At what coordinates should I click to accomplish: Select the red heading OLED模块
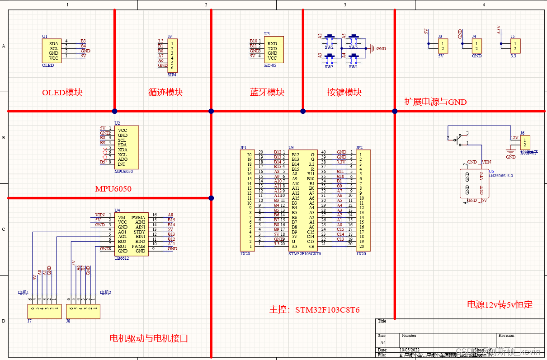[x=62, y=93]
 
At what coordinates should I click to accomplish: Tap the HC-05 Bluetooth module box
[x=273, y=50]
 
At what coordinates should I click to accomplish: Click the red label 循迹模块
[x=166, y=93]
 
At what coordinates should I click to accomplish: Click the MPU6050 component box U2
[x=127, y=147]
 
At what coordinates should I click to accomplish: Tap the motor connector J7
[x=44, y=311]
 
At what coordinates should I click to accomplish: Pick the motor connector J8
[x=83, y=311]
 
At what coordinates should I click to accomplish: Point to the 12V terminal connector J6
[x=524, y=142]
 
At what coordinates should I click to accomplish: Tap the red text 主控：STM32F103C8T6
[x=314, y=310]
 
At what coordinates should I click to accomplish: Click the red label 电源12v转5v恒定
[x=500, y=305]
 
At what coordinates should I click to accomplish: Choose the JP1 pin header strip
[x=247, y=201]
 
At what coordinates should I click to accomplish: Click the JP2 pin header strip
[x=363, y=201]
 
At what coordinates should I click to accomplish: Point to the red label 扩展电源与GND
[x=435, y=102]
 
